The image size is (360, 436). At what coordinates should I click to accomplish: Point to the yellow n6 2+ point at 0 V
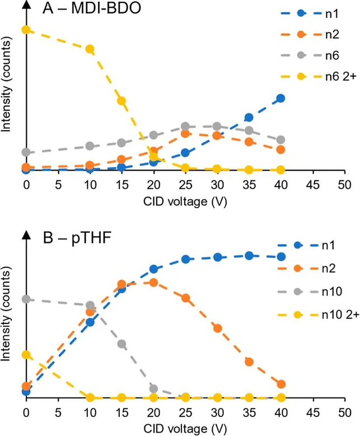tap(26, 29)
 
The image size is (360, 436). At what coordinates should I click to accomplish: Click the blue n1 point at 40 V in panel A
tap(281, 99)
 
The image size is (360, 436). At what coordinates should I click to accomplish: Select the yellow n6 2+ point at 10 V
tap(90, 49)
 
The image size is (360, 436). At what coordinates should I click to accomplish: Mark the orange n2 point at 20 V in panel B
tap(153, 283)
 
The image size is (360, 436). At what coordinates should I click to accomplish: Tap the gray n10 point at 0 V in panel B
tap(26, 299)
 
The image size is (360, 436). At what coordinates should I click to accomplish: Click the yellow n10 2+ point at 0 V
tap(26, 355)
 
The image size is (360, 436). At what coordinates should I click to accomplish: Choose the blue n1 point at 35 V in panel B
tap(249, 256)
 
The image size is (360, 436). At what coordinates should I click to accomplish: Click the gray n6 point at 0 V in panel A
tap(26, 152)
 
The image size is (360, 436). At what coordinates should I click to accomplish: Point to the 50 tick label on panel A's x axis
tap(345, 185)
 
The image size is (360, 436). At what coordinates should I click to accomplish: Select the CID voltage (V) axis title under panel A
tap(185, 200)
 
